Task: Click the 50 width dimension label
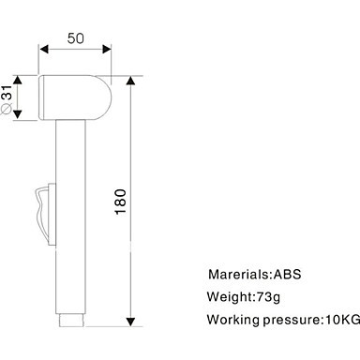(x=76, y=38)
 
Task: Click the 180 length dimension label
(x=121, y=202)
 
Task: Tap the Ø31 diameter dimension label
(x=7, y=99)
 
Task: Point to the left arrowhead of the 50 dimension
(x=44, y=49)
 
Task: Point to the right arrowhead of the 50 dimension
(x=107, y=49)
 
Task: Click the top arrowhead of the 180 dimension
(x=130, y=81)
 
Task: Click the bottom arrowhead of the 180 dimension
(x=130, y=322)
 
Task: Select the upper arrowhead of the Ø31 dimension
(x=18, y=80)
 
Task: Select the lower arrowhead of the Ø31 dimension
(x=18, y=114)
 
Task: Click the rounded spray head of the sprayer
(x=75, y=97)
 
